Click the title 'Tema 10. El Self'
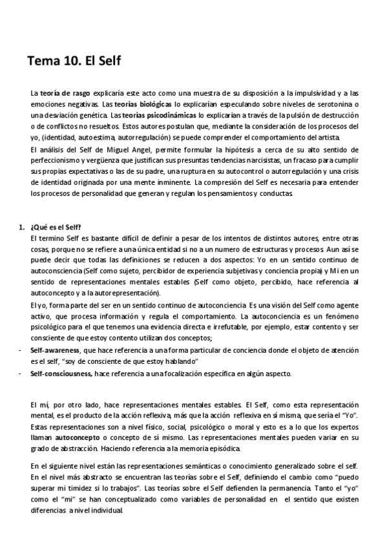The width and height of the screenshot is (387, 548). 74,62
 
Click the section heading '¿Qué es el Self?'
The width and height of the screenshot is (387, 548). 56,227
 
